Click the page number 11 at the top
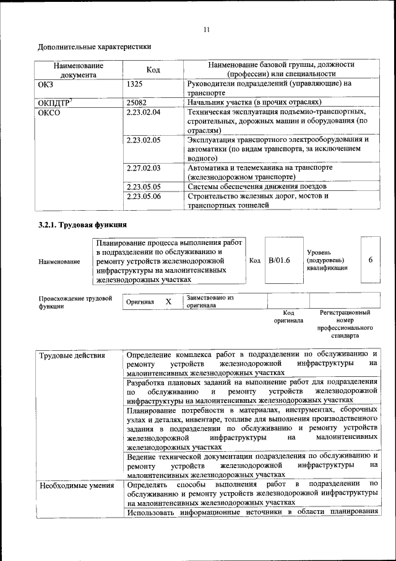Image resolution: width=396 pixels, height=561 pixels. tap(207, 29)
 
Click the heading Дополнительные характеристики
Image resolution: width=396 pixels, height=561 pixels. tap(95, 46)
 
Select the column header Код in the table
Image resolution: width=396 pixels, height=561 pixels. tap(153, 69)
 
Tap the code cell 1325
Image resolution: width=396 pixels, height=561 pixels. tap(135, 83)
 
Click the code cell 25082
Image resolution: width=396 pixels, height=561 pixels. tap(136, 102)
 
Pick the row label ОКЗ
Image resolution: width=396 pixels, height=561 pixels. tap(47, 83)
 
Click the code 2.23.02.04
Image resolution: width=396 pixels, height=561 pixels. tap(143, 112)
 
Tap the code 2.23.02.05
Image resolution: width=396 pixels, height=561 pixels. tap(143, 140)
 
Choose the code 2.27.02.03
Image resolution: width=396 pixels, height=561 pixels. tap(143, 168)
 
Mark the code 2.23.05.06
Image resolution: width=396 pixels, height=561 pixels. tap(143, 196)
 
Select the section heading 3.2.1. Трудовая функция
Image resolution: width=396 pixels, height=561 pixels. tap(83, 224)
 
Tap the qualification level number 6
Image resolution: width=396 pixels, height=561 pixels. tap(370, 260)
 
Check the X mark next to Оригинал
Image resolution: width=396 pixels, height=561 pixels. tap(168, 301)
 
